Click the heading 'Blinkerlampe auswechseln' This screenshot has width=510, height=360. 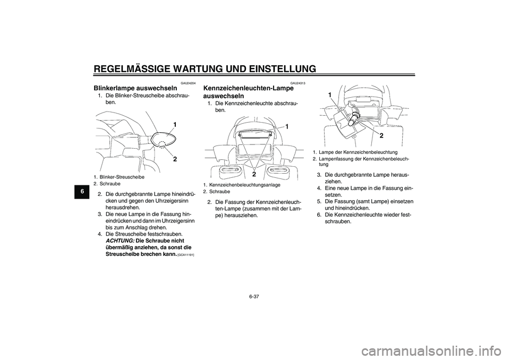pos(135,87)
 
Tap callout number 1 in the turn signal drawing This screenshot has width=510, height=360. pos(174,124)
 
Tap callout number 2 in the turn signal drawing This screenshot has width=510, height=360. pos(174,159)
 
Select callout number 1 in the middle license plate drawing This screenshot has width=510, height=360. pos(287,127)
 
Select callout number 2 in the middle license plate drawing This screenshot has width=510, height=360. pos(254,174)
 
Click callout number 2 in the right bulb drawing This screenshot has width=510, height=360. pos(381,135)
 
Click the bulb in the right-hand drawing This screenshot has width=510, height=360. pos(350,119)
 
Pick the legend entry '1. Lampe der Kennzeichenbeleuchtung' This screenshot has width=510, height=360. pos(355,152)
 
